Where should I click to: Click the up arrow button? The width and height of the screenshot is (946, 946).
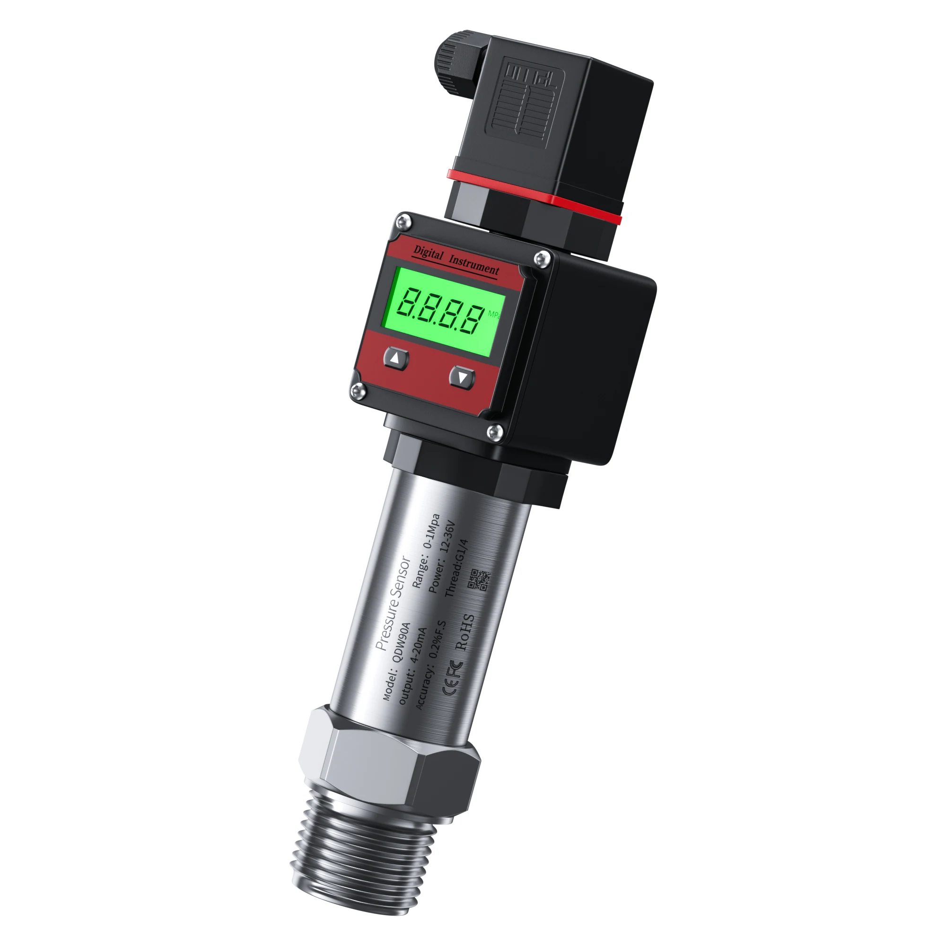point(395,359)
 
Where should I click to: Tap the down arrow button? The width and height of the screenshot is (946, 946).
point(462,377)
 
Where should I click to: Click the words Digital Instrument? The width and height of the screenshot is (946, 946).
point(456,261)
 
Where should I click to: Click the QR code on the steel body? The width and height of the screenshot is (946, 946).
point(479,580)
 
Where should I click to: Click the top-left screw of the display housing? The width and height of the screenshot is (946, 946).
point(404,222)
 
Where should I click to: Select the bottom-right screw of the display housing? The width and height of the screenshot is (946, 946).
point(495,432)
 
